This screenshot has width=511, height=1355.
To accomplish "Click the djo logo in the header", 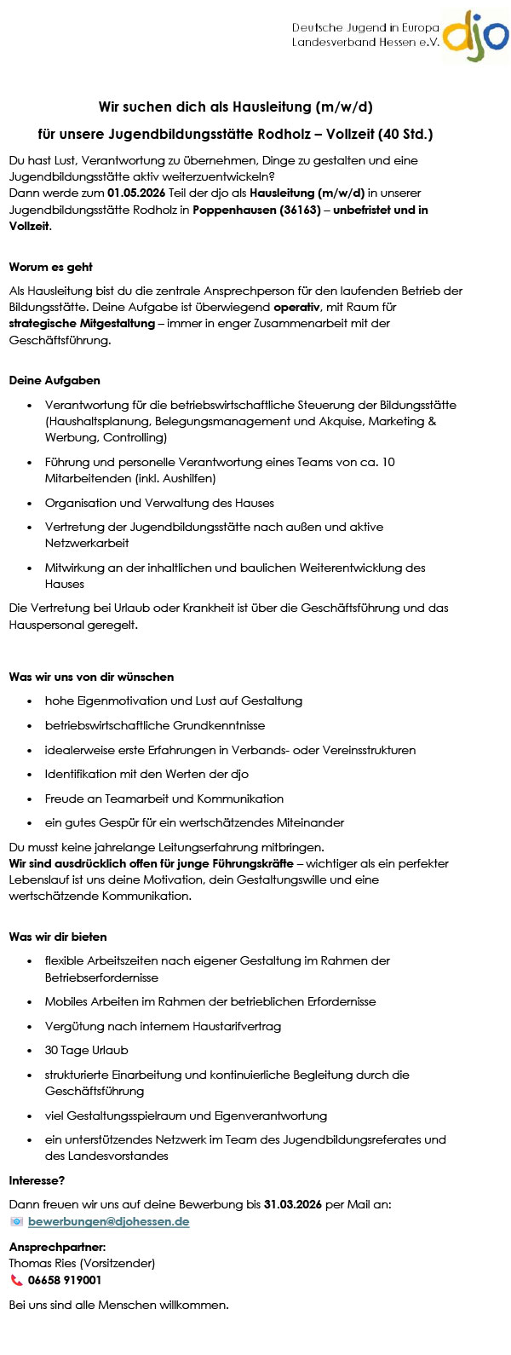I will tap(474, 37).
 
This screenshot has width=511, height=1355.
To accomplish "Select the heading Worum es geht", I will tap(51, 267).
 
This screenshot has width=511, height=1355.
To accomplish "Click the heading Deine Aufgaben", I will tap(55, 380).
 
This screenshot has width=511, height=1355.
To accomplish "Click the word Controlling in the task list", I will tap(134, 437).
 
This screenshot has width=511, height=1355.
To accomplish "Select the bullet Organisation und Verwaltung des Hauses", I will tap(159, 503).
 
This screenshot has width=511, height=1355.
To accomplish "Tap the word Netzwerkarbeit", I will tap(87, 543).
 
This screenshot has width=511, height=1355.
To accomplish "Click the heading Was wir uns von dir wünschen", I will tap(91, 677).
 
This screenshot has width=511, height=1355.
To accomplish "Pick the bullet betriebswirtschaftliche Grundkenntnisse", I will tap(155, 725).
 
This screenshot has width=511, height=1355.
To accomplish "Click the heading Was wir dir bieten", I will tap(58, 937).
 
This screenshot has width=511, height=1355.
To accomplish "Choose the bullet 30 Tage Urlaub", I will tap(87, 1050).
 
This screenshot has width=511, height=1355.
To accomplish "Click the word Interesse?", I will tap(37, 1180).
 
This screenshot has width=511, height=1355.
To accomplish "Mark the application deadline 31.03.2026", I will tap(293, 1204).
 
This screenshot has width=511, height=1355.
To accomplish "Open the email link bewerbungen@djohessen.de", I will tap(108, 1221).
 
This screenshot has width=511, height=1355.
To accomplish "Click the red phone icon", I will tap(16, 1280).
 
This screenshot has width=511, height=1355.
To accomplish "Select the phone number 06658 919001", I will tap(65, 1280).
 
